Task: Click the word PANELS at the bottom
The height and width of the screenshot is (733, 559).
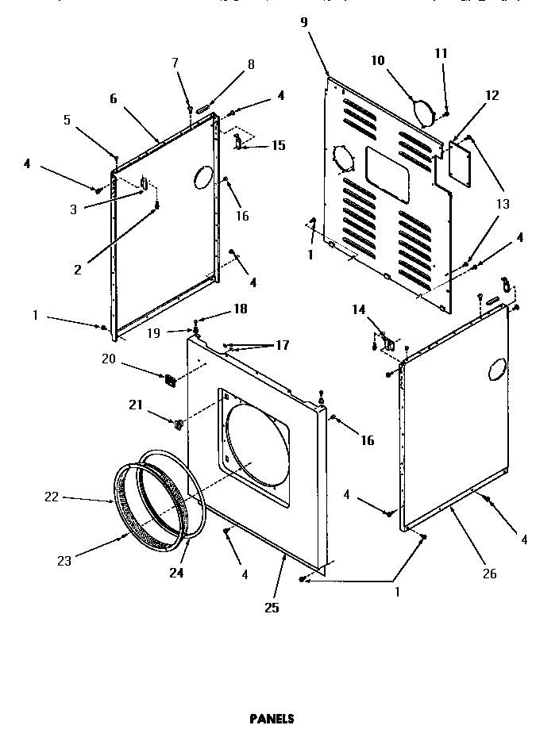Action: (x=272, y=719)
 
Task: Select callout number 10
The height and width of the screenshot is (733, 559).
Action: (x=377, y=60)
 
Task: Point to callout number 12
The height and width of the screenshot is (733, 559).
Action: (x=492, y=96)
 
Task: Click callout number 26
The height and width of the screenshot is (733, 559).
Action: (x=489, y=574)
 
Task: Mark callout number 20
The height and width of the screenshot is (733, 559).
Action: (x=108, y=359)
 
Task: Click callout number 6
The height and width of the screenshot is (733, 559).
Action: (x=113, y=98)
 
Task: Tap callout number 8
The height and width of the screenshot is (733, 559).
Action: (x=251, y=65)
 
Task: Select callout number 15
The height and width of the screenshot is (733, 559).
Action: (x=278, y=146)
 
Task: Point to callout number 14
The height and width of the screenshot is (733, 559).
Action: (x=359, y=310)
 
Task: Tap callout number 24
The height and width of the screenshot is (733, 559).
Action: (x=176, y=572)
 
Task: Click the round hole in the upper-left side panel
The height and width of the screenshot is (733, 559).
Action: (x=202, y=177)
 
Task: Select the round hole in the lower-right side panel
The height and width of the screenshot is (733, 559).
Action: (x=495, y=368)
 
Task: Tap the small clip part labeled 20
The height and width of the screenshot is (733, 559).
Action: (x=170, y=381)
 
